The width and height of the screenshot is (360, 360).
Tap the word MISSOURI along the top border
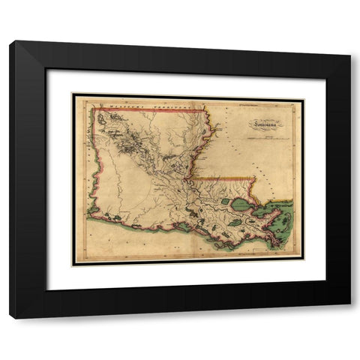[115, 107]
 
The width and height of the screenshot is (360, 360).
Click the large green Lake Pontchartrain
[243, 203]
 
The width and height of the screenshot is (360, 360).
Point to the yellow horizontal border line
[225, 178]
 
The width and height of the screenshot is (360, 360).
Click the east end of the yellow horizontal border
[256, 178]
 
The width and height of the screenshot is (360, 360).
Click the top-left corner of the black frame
[11, 43]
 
